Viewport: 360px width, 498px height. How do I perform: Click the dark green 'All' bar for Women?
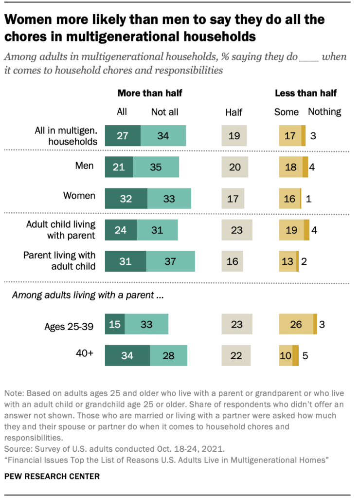tap(126, 199)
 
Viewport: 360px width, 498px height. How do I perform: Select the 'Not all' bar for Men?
tap(156, 167)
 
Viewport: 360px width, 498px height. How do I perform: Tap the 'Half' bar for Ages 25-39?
tap(236, 324)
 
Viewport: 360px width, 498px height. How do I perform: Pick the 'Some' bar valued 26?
tap(296, 324)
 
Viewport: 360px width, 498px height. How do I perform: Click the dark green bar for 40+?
tap(127, 355)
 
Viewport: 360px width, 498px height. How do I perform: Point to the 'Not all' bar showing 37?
tap(170, 261)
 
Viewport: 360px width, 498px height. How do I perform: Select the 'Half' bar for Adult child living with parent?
tap(236, 230)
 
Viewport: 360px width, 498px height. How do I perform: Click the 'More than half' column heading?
tap(150, 93)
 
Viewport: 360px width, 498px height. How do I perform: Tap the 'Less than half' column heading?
tap(306, 93)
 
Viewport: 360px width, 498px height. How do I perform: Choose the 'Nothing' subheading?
tap(324, 111)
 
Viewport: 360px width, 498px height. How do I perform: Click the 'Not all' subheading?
tap(164, 112)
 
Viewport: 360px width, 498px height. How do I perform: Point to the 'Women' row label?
tap(79, 196)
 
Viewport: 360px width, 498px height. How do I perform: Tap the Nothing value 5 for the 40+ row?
tap(305, 355)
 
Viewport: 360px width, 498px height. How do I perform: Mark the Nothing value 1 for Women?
tap(308, 199)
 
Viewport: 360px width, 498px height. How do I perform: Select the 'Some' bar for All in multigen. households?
tap(290, 135)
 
